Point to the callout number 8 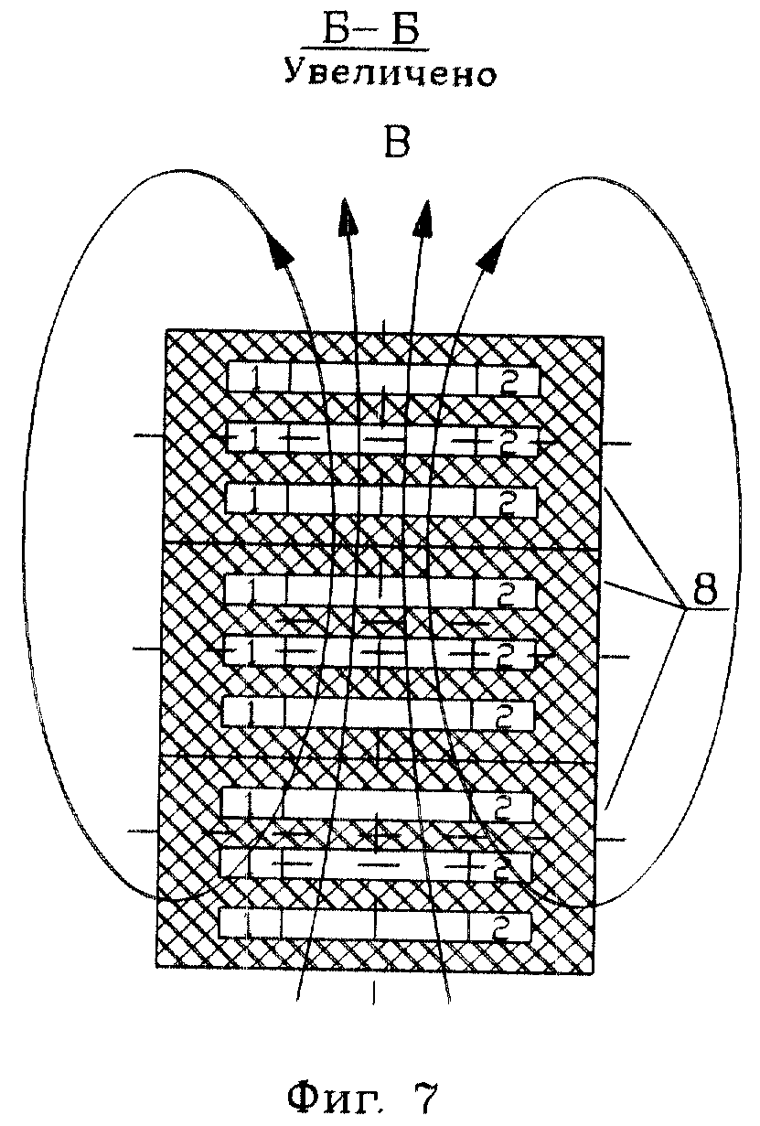tap(704, 591)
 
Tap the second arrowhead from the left tap(348, 217)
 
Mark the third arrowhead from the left tap(423, 218)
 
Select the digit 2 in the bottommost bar tap(502, 927)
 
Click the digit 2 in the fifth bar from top tap(504, 651)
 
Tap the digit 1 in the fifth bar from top tap(249, 650)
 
